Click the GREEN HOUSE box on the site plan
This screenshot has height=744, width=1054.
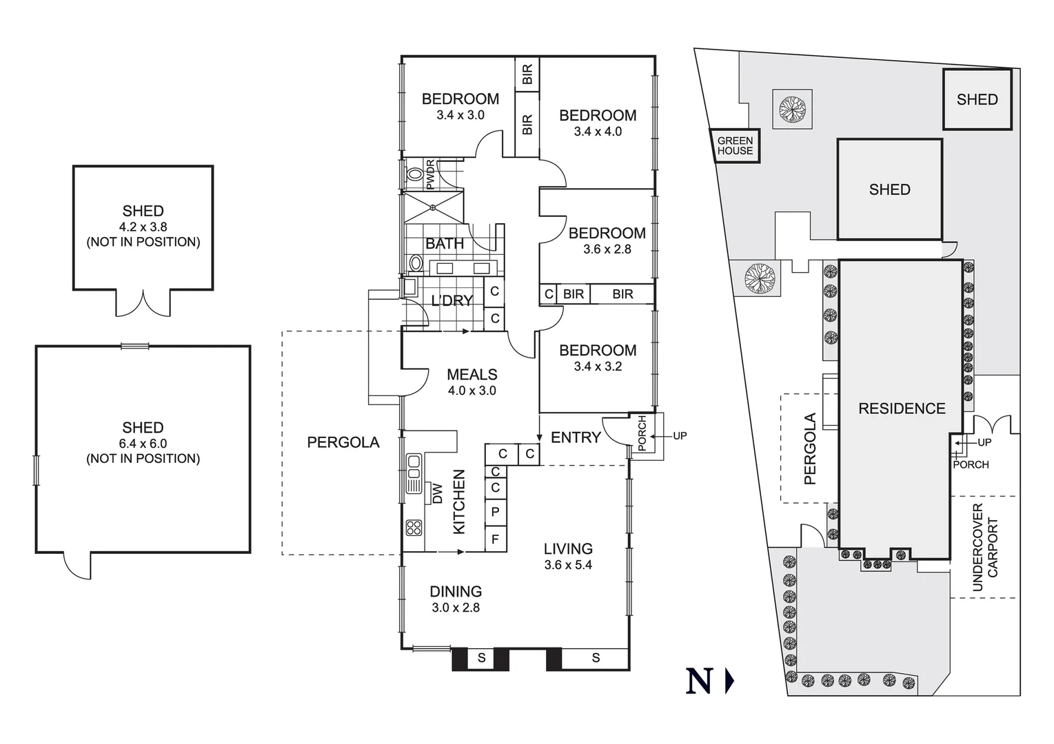pos(735,145)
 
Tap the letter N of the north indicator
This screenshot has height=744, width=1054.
pos(699,681)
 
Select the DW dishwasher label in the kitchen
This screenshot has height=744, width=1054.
pos(436,493)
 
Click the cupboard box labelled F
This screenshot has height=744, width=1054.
pos(495,539)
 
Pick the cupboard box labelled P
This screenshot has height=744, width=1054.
pos(495,513)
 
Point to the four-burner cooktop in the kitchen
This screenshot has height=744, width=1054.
pos(414,528)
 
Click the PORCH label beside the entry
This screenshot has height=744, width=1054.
pos(642,433)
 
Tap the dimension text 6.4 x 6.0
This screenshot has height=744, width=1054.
pos(143,444)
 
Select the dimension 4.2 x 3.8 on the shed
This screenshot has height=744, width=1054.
pos(143,227)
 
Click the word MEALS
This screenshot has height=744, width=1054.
pos(472,374)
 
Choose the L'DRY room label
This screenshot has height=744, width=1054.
pos(452,300)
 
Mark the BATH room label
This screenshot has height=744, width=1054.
pos(445,243)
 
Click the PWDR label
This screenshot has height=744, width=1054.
pos(431,174)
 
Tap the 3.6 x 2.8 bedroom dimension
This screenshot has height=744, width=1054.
pos(607,249)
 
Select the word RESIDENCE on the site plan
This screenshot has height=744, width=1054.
pos(901,409)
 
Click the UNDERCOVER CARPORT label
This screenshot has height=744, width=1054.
pos(984,547)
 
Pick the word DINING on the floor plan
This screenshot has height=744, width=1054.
pos(456,591)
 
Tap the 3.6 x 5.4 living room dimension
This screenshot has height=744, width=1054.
pos(568,565)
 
